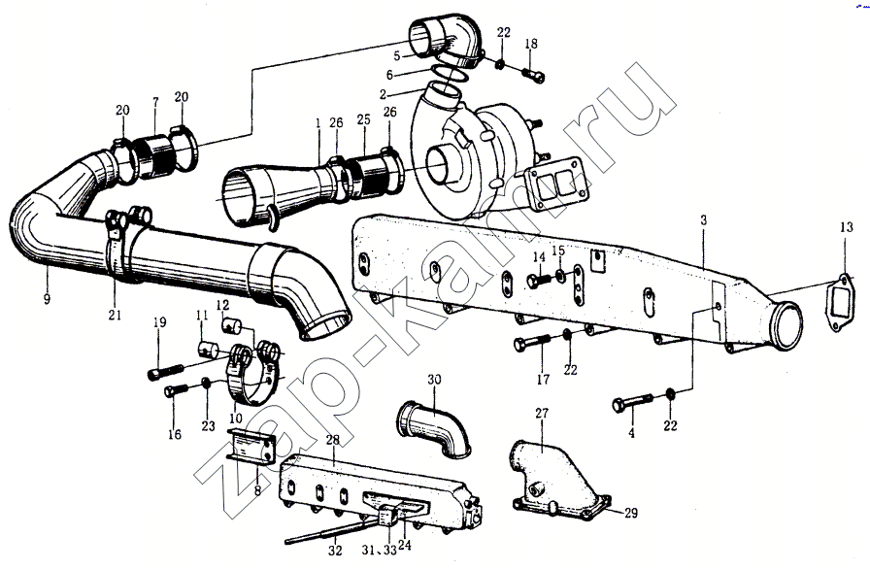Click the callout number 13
click(846, 228)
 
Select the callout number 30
click(433, 378)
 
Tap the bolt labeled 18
click(531, 72)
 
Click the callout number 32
click(335, 551)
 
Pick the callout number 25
click(363, 121)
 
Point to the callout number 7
click(153, 102)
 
